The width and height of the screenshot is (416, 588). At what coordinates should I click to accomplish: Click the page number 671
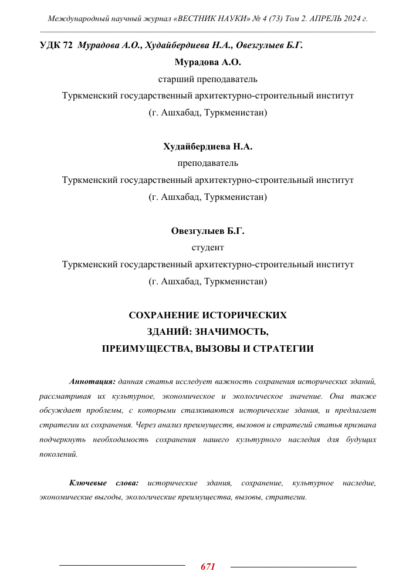pos(208,567)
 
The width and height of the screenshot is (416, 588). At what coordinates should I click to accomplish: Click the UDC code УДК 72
pos(56,46)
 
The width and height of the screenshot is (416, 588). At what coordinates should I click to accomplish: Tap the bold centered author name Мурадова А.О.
pos(208,62)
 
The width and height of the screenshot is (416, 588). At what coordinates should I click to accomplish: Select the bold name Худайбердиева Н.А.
pos(208,147)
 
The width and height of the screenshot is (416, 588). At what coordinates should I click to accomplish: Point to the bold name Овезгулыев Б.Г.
pos(208,231)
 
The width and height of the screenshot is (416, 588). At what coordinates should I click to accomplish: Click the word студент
pos(208,248)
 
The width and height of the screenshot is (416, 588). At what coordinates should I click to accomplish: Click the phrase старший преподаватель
pos(208,79)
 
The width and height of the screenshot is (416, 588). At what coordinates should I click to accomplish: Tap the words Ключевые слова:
pos(104,483)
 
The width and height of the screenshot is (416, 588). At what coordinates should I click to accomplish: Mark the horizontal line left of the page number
pos(122,566)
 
